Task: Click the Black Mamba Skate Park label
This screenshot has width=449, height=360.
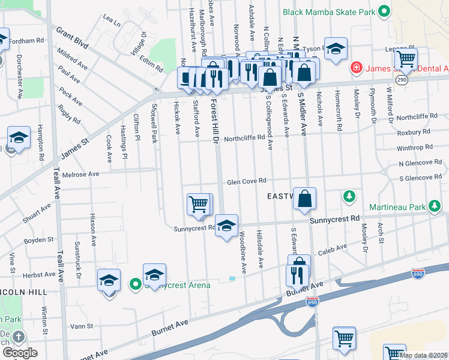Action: coord(329,11)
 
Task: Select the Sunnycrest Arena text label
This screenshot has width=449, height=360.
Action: coord(181,285)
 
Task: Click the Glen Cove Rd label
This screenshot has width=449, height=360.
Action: coord(246,182)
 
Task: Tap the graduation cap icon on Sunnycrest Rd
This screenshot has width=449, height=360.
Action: coord(226,226)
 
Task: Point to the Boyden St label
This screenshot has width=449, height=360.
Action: coord(39,240)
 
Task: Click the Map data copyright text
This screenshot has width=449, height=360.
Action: coord(423,355)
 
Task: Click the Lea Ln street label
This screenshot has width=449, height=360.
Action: coord(112,20)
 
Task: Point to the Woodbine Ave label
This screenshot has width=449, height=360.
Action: coord(243,252)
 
